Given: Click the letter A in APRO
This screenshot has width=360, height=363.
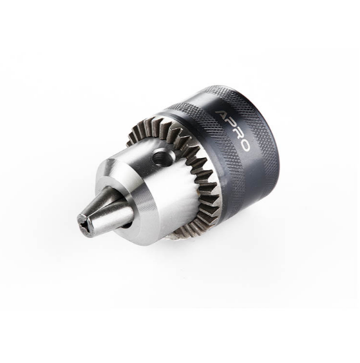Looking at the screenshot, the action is [222, 115].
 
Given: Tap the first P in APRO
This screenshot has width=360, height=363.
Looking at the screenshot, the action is [230, 124].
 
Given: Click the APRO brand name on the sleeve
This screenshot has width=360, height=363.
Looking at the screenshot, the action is [232, 131].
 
